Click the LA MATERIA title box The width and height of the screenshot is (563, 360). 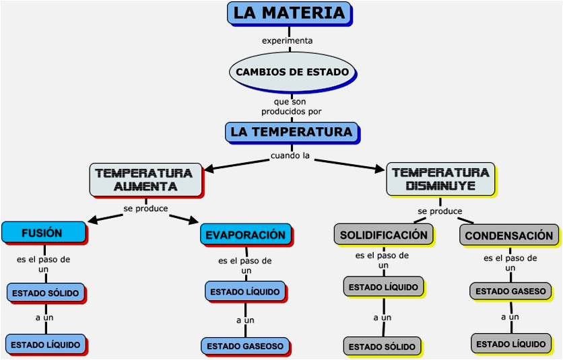(290, 13)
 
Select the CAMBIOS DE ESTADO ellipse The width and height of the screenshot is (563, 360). (293, 72)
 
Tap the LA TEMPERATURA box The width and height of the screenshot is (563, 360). (292, 133)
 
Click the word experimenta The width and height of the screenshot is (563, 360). (288, 40)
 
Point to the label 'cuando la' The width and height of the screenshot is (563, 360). (290, 155)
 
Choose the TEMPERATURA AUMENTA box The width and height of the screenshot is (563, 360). (146, 180)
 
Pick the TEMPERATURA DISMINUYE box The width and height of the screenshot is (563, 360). (441, 179)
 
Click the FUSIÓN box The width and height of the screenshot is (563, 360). (44, 233)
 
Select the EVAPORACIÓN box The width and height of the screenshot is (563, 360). (246, 235)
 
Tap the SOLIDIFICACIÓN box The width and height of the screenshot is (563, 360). (383, 235)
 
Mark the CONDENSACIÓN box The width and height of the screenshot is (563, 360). (509, 236)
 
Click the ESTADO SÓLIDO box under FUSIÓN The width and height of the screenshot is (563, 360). (46, 293)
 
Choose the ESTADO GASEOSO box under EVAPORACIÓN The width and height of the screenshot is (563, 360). (245, 346)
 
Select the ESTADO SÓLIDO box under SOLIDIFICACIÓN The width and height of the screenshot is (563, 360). (383, 347)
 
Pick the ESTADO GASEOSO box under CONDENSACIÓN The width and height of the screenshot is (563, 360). (510, 291)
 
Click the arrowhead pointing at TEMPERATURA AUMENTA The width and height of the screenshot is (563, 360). (209, 168)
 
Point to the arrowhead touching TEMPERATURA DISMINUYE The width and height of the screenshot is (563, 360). (380, 168)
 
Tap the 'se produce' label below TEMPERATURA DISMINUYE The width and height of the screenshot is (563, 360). (440, 211)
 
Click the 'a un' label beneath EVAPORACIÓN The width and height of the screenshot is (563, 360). (245, 320)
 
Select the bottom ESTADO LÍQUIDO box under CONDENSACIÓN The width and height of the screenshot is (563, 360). (511, 344)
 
